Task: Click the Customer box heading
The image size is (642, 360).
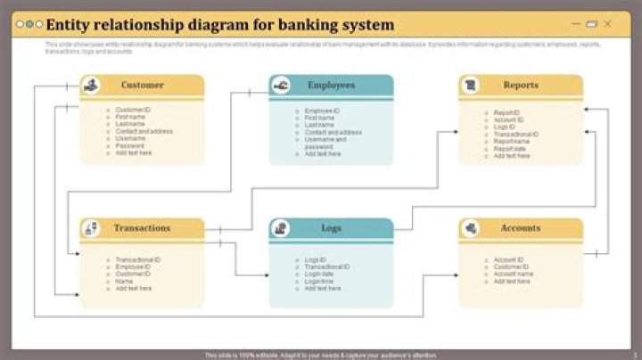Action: pos(143,86)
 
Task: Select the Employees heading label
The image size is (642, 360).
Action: pos(331,86)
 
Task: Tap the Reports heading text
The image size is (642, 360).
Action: pos(521,86)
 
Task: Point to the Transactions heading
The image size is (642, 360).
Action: pos(142,228)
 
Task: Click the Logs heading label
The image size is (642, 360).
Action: pos(331,229)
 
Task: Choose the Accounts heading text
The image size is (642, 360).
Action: pos(520,228)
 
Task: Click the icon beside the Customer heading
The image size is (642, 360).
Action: pos(91,86)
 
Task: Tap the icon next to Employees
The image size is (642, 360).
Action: pos(281,86)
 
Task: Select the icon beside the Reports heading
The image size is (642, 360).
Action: pos(471,86)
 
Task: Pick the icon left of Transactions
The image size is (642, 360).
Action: pos(91,229)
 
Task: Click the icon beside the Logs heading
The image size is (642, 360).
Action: pos(281,229)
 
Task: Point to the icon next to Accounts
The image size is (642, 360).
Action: pos(471,229)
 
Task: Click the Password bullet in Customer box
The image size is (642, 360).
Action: pos(130,145)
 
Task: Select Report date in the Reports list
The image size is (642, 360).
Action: pos(511,148)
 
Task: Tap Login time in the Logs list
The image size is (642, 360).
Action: pos(320,281)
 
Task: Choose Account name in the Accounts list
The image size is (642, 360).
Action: pos(514,274)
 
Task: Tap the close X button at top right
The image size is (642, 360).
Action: pos(607,24)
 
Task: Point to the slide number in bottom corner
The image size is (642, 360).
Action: pos(634,355)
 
